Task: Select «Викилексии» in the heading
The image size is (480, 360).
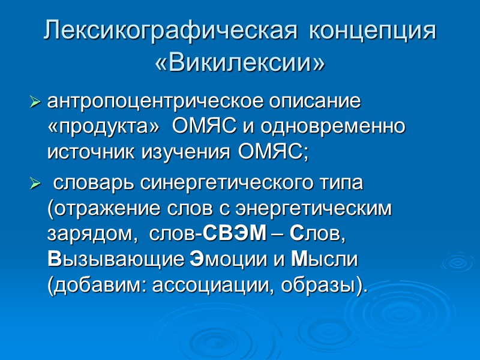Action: (x=240, y=62)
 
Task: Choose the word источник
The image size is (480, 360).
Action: (x=91, y=152)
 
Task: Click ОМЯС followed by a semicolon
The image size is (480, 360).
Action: (x=273, y=152)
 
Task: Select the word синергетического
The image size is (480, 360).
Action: (x=225, y=182)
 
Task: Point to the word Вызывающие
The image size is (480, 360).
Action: (x=115, y=260)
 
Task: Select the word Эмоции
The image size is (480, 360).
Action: (x=227, y=260)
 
